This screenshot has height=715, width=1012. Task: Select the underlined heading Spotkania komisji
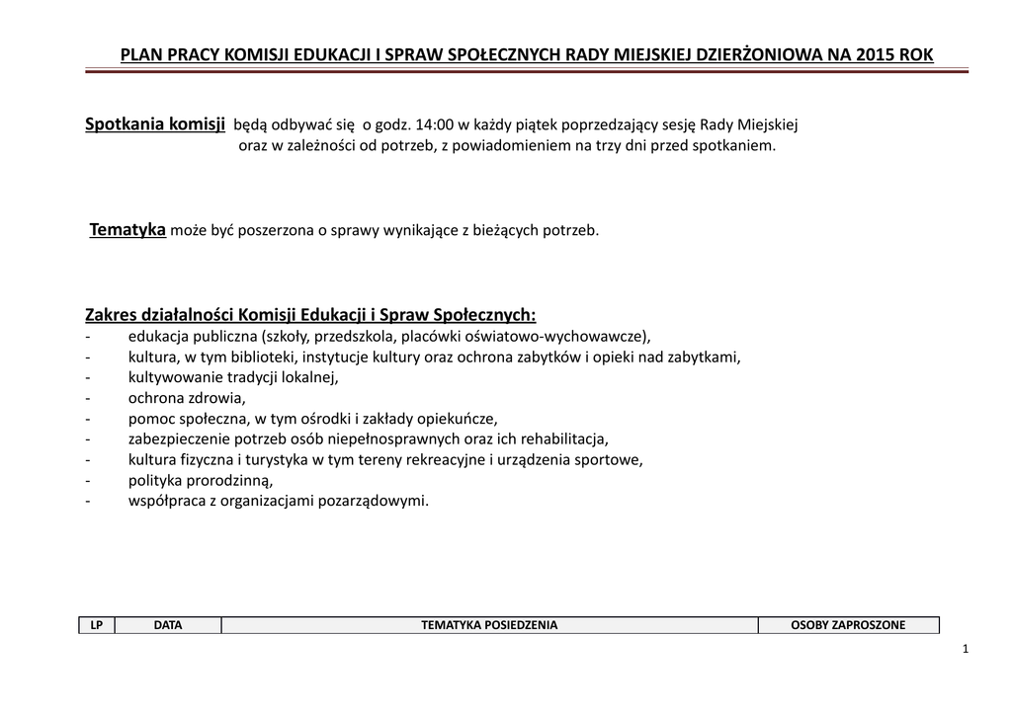click(x=155, y=124)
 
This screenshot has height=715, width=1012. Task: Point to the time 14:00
click(x=435, y=125)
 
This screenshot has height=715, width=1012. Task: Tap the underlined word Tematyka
click(x=127, y=230)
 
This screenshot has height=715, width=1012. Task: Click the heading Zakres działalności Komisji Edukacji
click(x=310, y=315)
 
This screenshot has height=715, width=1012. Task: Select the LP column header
click(x=97, y=625)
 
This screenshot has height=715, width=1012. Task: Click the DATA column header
click(x=168, y=625)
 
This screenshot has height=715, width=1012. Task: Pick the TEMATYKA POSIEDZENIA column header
click(x=489, y=625)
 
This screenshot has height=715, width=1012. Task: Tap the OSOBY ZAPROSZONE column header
click(x=848, y=625)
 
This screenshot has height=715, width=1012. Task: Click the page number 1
click(x=964, y=649)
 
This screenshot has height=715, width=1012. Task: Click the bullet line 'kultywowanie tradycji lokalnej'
click(x=233, y=376)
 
